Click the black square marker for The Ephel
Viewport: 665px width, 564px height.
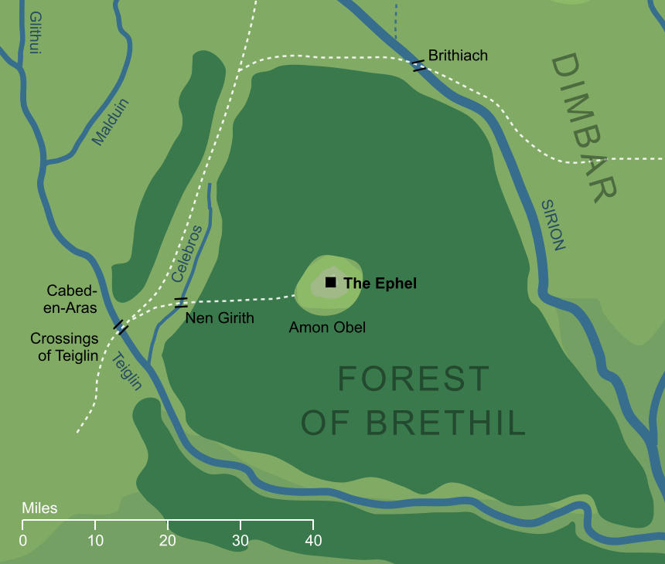pos(330,283)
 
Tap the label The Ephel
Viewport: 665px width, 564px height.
pos(380,284)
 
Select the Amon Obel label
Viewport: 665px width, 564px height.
pos(327,328)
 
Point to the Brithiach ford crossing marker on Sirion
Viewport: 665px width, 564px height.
pos(418,66)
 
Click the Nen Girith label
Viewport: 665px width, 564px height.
pos(220,318)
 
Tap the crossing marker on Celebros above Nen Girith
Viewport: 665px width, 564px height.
pos(180,302)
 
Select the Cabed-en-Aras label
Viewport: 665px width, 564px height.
pos(71,299)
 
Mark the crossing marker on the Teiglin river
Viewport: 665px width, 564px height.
pos(120,328)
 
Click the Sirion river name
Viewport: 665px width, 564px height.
pos(553,225)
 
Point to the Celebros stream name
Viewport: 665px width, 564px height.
pos(187,253)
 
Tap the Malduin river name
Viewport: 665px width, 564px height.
pos(111,122)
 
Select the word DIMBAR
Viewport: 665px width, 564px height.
pos(585,127)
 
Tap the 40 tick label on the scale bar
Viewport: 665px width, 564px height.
pos(312,540)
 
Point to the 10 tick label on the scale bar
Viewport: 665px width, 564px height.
pos(95,540)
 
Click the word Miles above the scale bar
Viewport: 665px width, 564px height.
pos(39,508)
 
